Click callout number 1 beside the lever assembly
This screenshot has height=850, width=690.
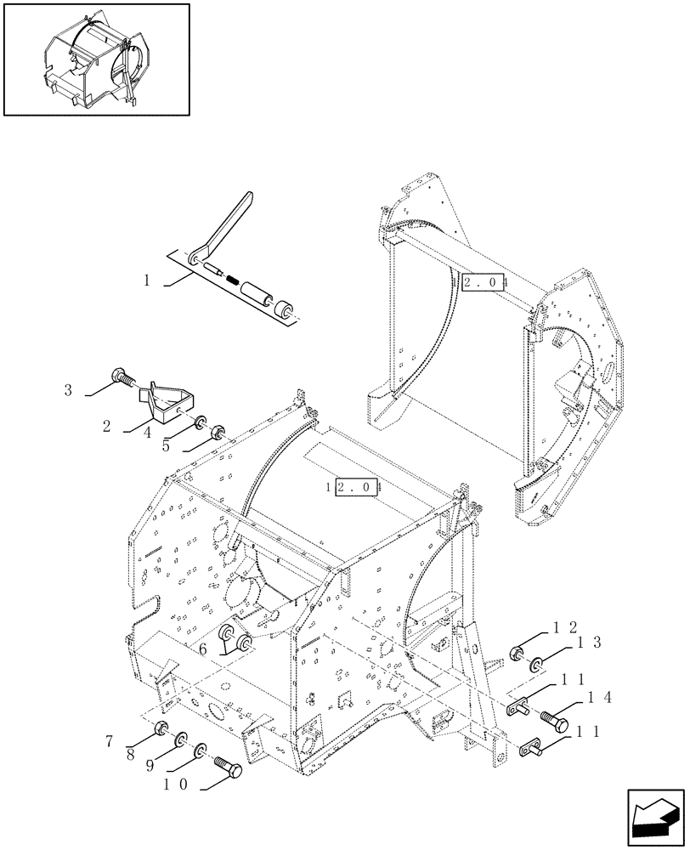(x=148, y=280)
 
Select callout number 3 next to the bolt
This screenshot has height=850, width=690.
(x=68, y=390)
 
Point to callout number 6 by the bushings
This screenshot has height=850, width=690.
(x=204, y=649)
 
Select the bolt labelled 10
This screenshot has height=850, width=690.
(x=228, y=768)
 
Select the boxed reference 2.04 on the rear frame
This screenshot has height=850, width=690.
(x=484, y=282)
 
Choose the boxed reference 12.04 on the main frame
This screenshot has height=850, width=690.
(x=359, y=488)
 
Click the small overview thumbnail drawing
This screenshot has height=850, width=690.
(x=95, y=59)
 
